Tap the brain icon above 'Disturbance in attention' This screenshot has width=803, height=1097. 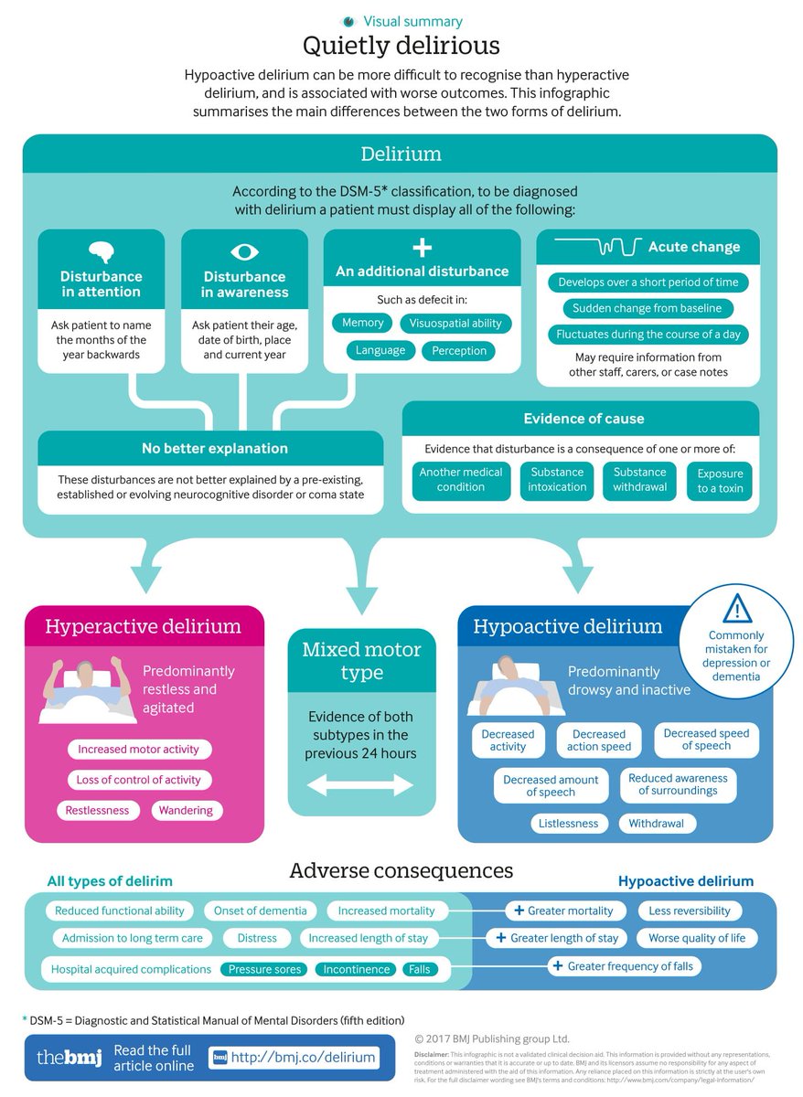[102, 251]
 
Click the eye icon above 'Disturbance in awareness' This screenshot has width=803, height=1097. [244, 251]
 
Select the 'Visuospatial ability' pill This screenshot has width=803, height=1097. [455, 323]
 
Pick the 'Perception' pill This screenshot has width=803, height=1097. [459, 351]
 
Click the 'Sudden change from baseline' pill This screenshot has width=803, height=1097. [648, 308]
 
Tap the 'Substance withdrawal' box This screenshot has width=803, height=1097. [639, 480]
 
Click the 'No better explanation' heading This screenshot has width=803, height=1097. [214, 448]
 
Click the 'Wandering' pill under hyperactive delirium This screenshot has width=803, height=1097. [186, 810]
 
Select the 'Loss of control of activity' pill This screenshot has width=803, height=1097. [139, 780]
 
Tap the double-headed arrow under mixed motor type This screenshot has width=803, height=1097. [360, 784]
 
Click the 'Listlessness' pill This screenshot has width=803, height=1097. [568, 824]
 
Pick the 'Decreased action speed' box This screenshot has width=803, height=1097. [599, 740]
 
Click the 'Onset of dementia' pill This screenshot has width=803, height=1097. [260, 911]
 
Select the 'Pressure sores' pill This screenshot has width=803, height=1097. [264, 969]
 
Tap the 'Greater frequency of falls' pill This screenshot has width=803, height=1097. [624, 966]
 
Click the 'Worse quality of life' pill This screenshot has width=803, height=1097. [697, 938]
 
